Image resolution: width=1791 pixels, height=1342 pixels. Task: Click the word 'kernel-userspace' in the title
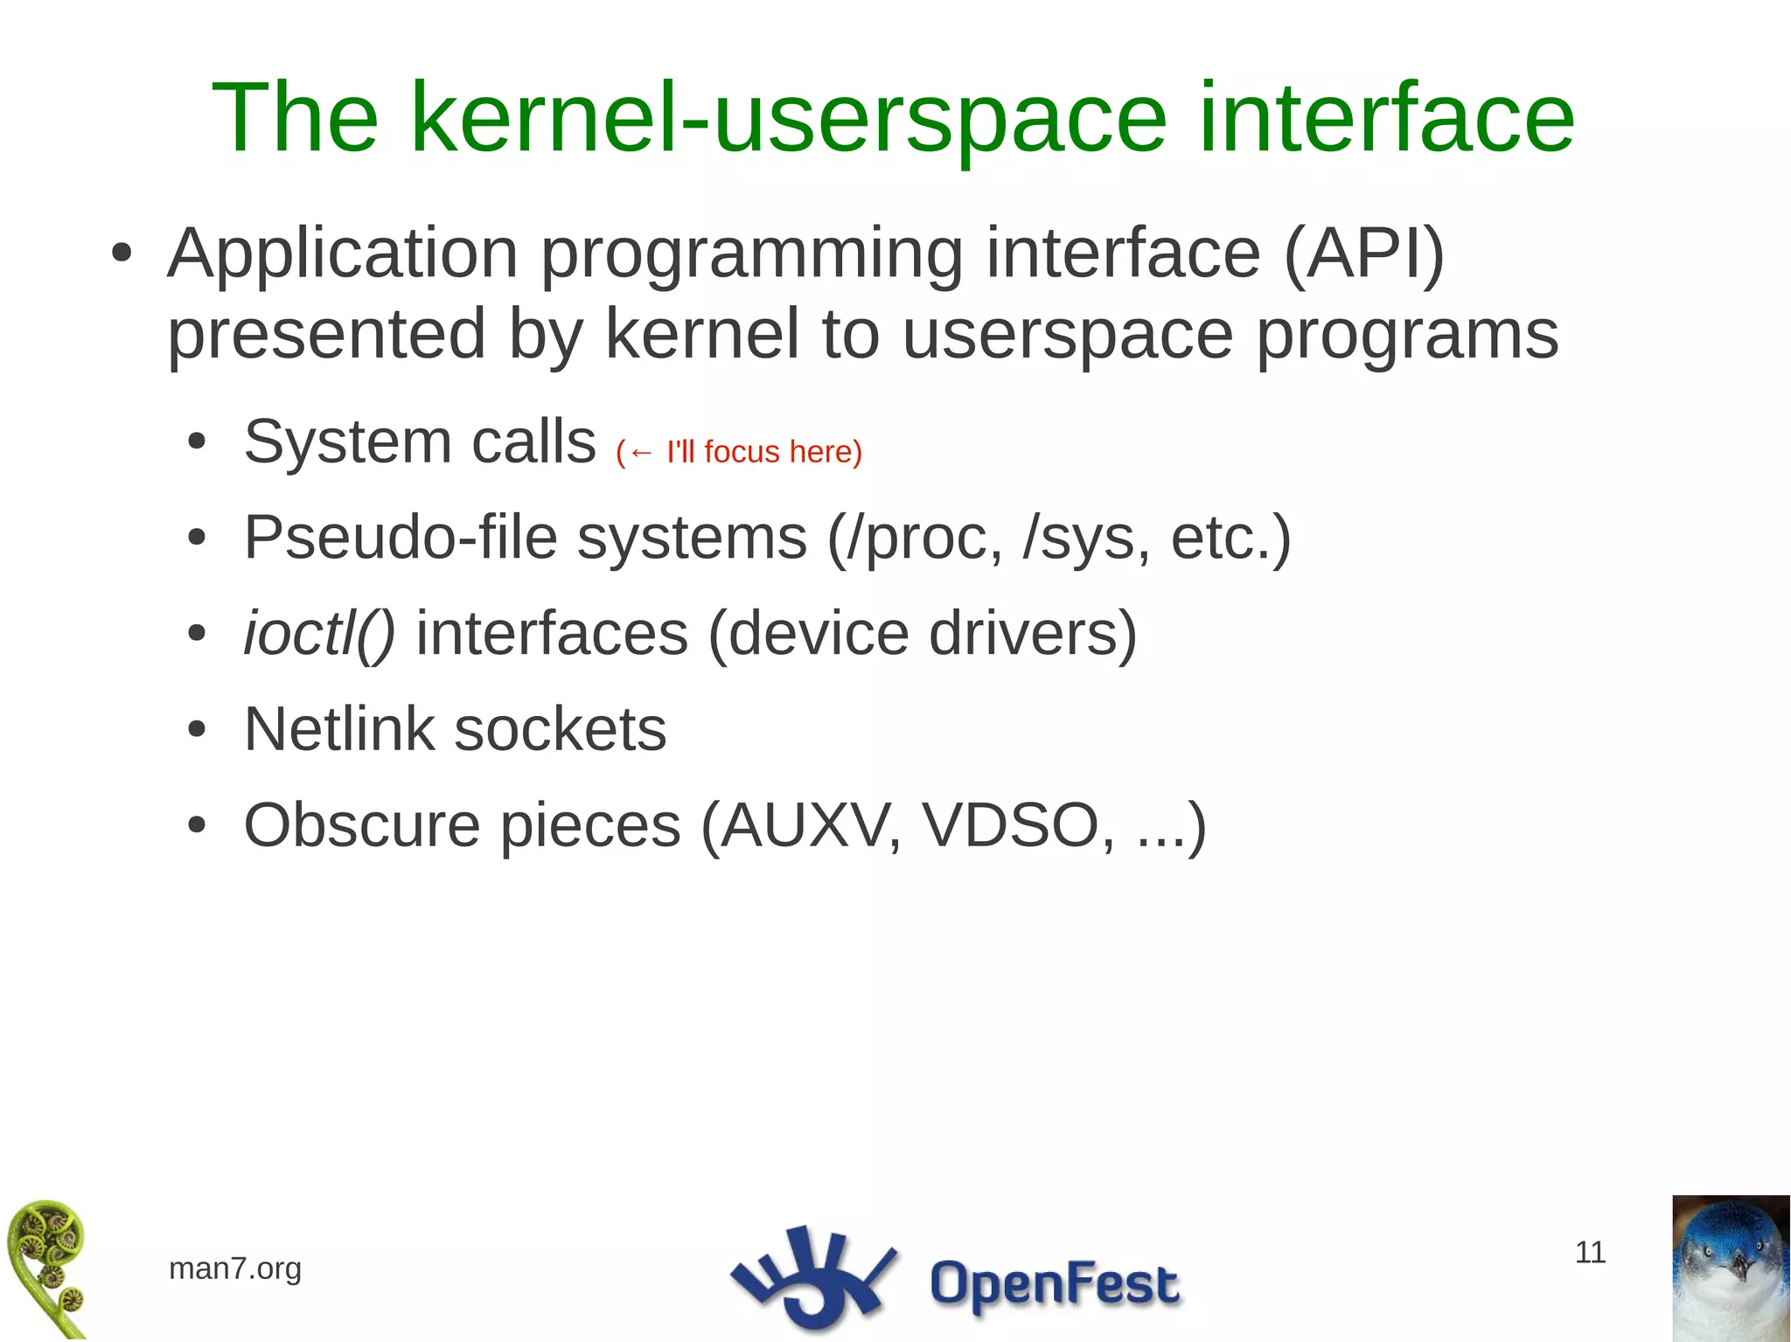tap(787, 118)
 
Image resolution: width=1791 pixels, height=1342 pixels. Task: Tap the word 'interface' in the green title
tap(1386, 118)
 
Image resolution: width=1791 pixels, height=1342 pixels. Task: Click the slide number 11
tap(1589, 1252)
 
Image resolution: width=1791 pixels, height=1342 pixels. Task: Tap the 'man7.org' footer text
tap(234, 1268)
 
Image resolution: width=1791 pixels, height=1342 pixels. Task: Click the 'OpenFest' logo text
tap(1053, 1283)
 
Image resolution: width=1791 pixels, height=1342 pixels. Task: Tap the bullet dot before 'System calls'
tap(197, 443)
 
